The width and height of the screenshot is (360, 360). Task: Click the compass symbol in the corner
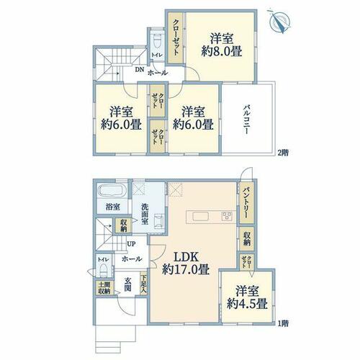click(280, 21)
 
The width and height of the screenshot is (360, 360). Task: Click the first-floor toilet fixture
click(104, 270)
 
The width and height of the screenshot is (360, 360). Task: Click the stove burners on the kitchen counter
click(227, 215)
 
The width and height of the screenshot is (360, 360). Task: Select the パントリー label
click(246, 203)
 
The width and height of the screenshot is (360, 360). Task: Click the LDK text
click(186, 257)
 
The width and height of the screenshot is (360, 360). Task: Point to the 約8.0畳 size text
click(222, 51)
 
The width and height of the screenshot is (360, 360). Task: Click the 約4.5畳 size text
click(247, 304)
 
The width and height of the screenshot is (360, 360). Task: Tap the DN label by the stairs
click(139, 70)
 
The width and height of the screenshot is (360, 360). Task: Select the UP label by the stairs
click(131, 244)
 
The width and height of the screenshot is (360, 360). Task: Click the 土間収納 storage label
click(104, 288)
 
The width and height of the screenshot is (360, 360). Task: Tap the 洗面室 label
click(145, 214)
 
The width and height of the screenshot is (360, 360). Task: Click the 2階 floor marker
click(283, 152)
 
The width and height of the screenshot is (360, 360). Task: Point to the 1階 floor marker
click(283, 323)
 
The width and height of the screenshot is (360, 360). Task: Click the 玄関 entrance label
click(127, 284)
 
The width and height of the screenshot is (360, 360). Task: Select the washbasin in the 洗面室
click(158, 219)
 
